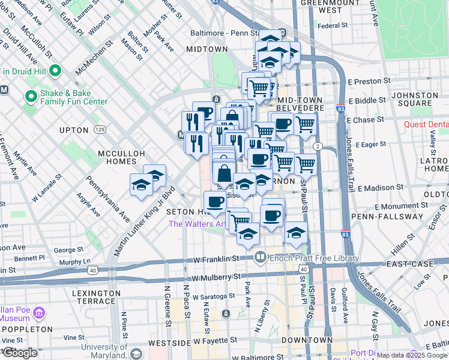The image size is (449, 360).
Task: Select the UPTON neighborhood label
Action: (x=74, y=130)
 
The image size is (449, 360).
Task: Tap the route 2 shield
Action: (x=318, y=147)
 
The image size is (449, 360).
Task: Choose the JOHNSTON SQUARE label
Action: (x=414, y=99)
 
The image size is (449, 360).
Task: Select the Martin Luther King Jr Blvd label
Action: (x=141, y=221)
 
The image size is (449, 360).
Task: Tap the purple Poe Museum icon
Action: (x=39, y=313)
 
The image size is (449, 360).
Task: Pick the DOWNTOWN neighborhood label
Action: (x=307, y=340)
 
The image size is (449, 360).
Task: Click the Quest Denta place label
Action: (x=426, y=125)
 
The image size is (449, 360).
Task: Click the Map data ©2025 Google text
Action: (x=412, y=355)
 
